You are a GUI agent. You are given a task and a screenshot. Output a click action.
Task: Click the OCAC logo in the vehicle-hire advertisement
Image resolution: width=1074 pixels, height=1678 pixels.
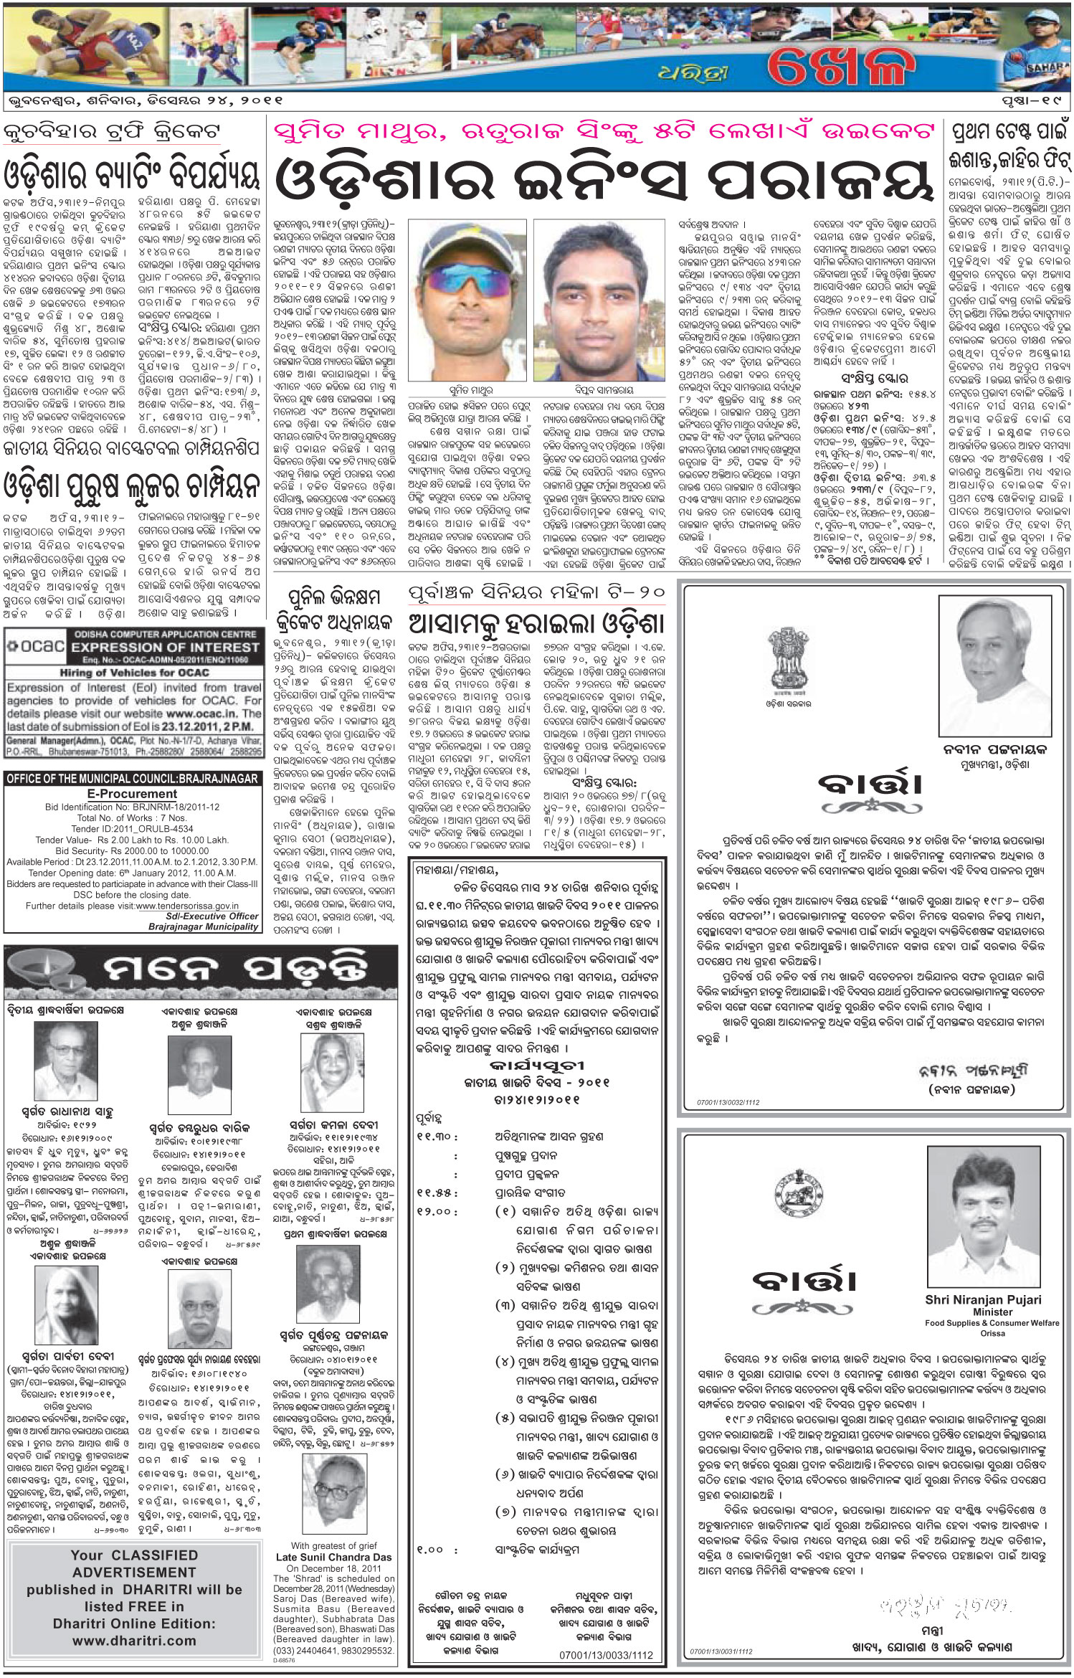click(x=34, y=646)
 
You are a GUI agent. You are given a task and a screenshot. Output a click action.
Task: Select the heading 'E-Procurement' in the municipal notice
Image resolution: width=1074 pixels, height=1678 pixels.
click(x=133, y=794)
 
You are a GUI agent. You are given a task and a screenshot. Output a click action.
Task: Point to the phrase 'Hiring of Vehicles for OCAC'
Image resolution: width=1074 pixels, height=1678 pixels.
click(x=133, y=673)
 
